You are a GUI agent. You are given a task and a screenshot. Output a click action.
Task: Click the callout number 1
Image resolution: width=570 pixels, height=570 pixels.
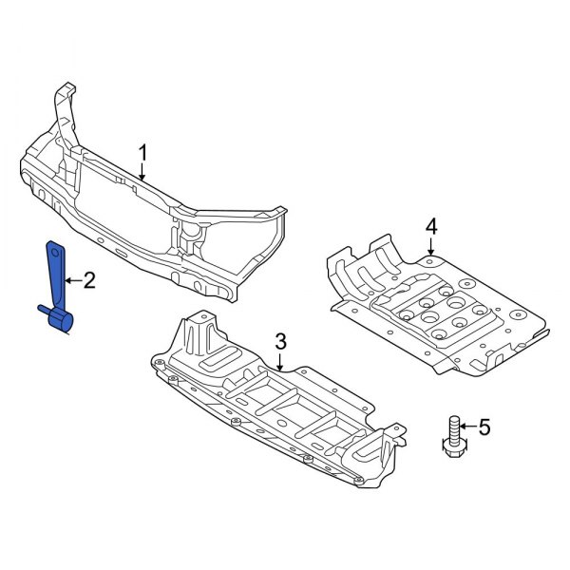(x=143, y=152)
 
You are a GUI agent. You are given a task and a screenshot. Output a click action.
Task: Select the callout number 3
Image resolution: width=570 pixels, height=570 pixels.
(x=280, y=341)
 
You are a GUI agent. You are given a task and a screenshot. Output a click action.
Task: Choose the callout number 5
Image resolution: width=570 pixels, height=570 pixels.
(x=484, y=428)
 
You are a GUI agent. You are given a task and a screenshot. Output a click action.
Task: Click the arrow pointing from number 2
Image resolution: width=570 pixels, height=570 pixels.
(x=73, y=279)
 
